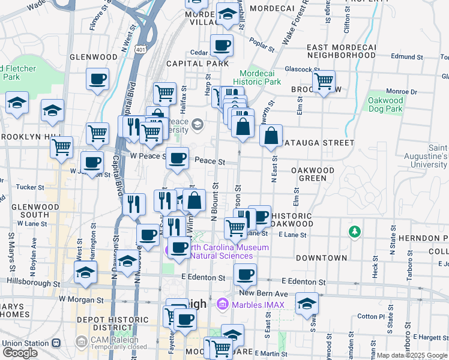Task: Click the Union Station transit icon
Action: [56, 343]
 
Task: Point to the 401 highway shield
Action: [140, 49]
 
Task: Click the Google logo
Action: [20, 353]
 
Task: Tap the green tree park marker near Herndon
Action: [355, 230]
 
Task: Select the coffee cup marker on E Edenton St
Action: [244, 274]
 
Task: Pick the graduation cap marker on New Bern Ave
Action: [307, 303]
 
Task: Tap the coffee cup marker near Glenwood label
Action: [97, 79]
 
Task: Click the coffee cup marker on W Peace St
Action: [177, 158]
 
